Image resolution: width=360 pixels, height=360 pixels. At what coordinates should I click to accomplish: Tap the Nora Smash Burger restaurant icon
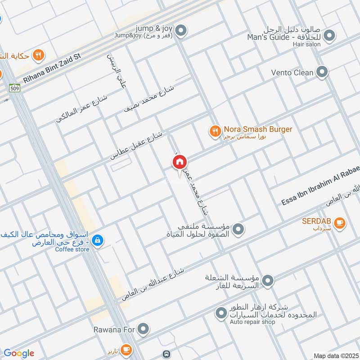(215, 131)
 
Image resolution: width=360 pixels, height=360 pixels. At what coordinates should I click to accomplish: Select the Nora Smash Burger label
(258, 129)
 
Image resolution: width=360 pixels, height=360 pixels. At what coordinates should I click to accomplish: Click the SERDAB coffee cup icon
(340, 222)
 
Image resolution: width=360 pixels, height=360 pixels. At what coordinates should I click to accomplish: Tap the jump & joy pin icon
(181, 31)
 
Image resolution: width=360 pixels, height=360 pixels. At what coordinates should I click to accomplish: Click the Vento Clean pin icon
(322, 72)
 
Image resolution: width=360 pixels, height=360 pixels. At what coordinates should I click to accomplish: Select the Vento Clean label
(292, 72)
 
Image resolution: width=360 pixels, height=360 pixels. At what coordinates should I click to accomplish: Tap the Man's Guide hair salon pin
(330, 35)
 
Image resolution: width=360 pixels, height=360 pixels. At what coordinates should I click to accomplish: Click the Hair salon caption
(307, 44)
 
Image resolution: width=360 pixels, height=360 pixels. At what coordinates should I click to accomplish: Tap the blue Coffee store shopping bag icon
(97, 241)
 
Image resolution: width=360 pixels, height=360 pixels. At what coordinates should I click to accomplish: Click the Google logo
(19, 353)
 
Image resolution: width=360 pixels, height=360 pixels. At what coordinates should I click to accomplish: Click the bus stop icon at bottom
(167, 354)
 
